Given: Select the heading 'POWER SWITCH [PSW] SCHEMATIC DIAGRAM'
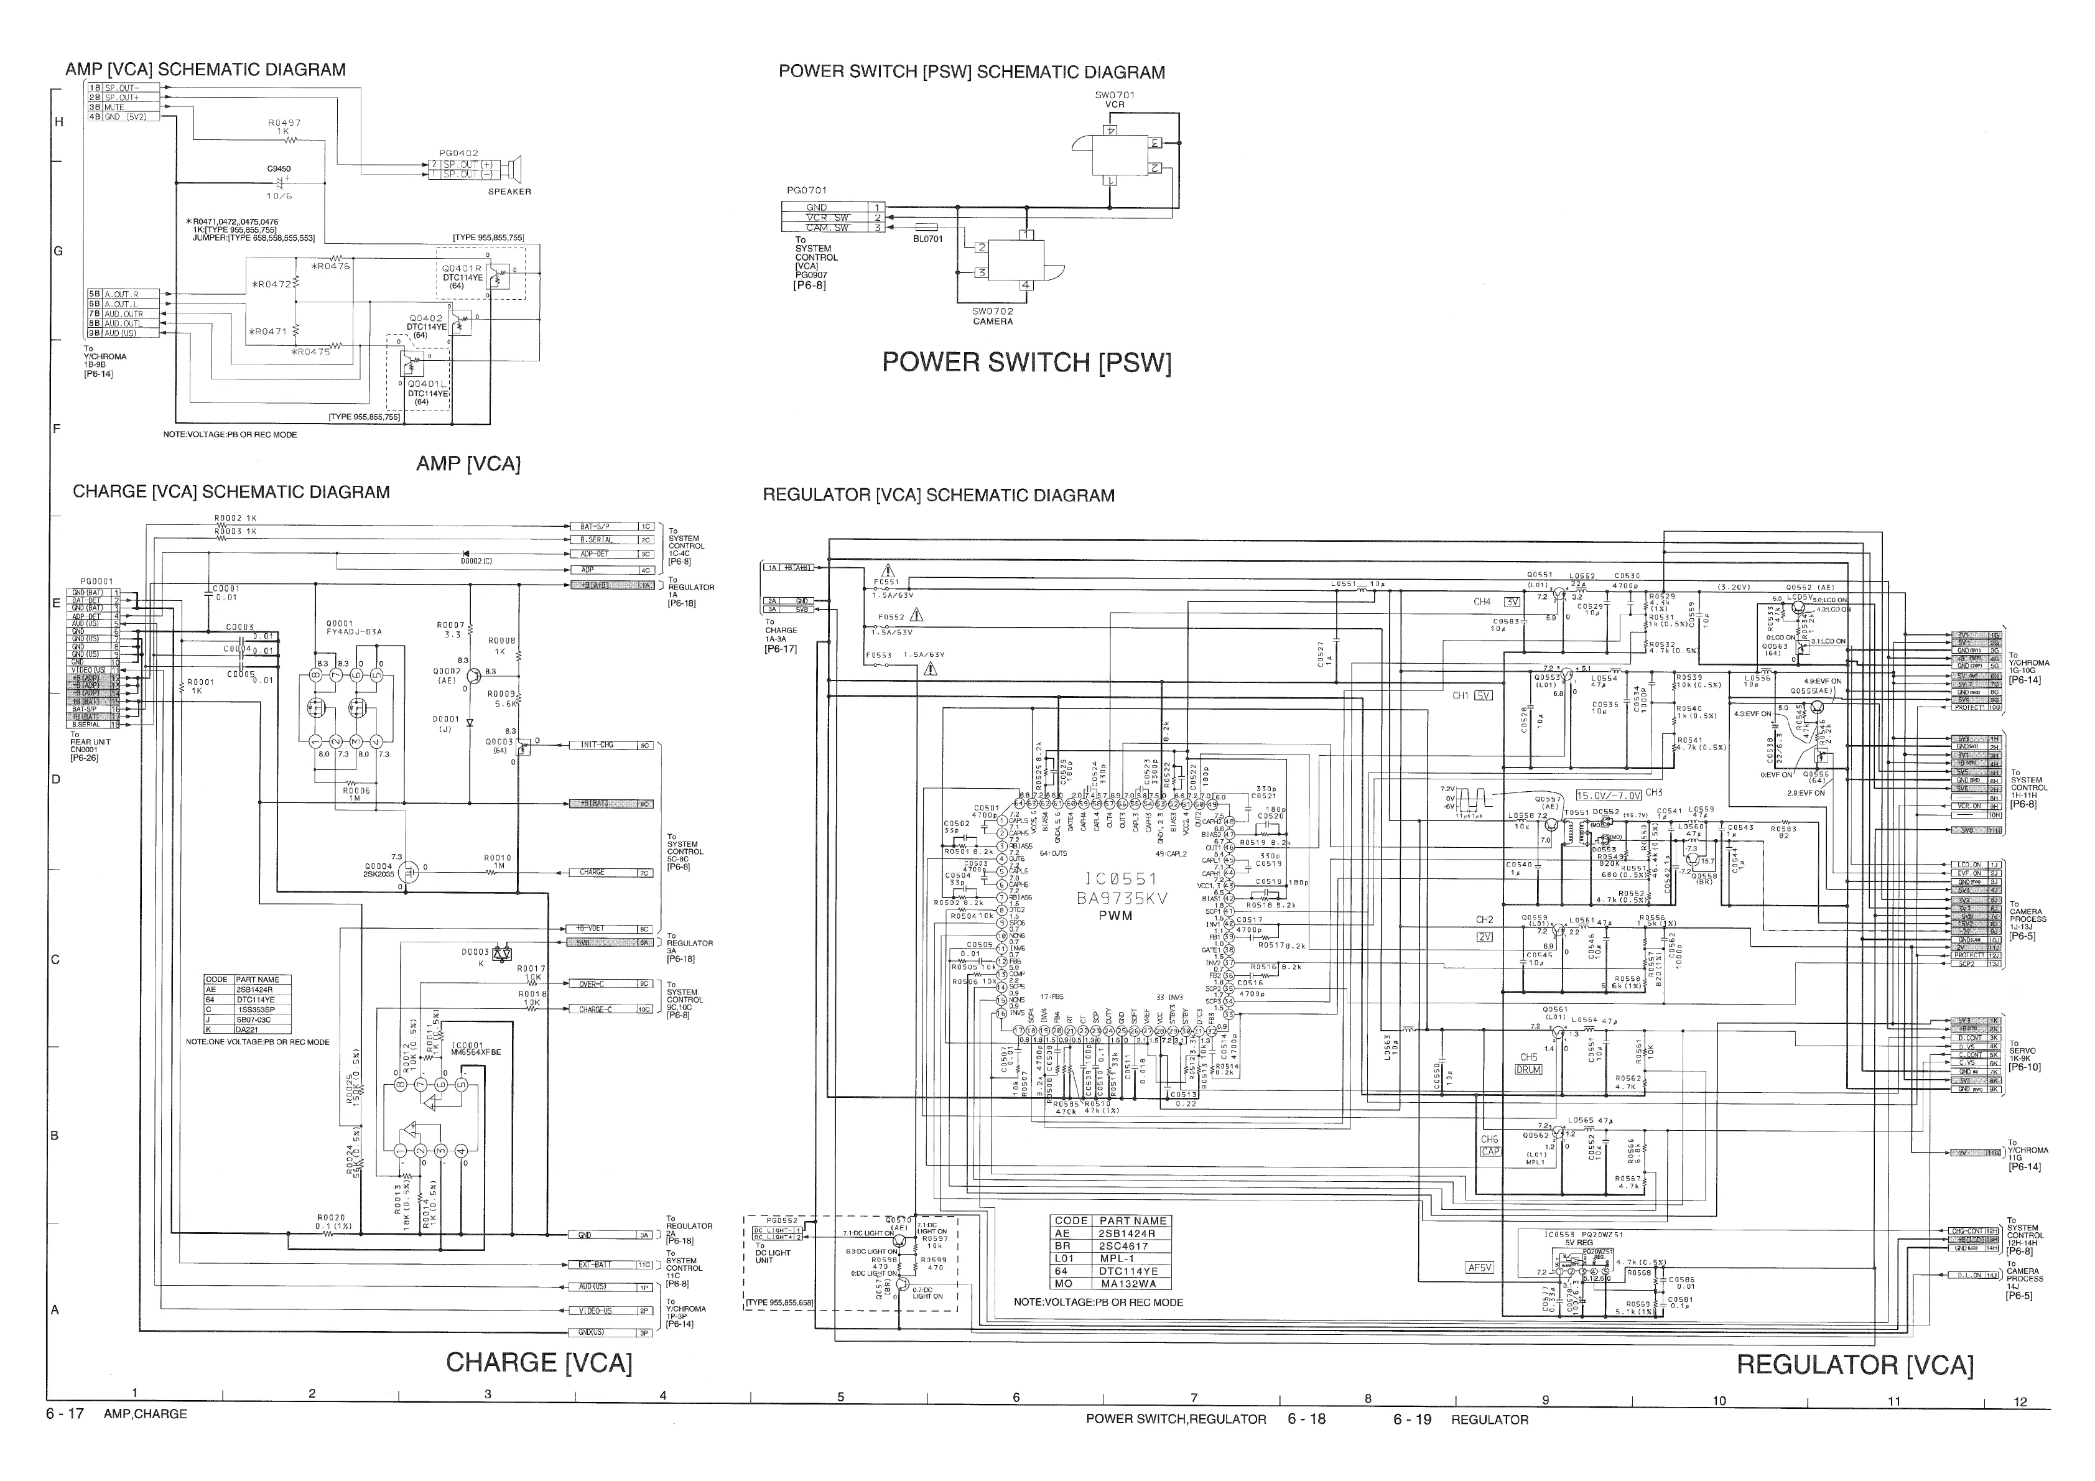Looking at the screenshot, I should coord(971,73).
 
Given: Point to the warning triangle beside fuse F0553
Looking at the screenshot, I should coord(930,669).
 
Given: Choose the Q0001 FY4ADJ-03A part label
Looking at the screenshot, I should coord(353,627).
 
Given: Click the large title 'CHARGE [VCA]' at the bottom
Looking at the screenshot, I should coord(538,1362).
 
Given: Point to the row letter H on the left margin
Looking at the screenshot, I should coord(59,121).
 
